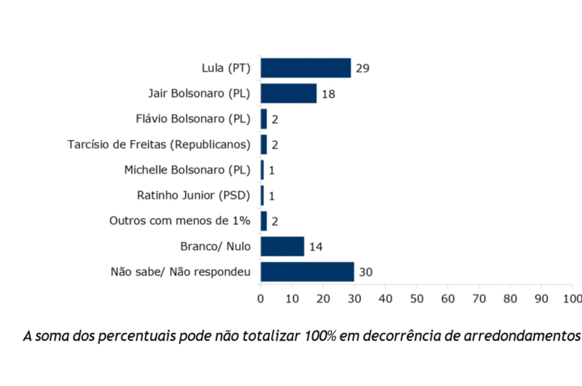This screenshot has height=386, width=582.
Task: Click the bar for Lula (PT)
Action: tap(306, 68)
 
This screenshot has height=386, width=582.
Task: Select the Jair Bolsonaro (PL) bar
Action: tap(288, 93)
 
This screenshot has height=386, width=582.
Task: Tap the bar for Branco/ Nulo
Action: tap(282, 246)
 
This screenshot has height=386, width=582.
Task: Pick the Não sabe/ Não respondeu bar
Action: tap(307, 272)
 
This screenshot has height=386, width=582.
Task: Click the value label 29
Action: tap(362, 68)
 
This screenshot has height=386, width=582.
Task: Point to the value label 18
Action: tap(328, 94)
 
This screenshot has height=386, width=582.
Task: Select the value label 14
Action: tap(315, 246)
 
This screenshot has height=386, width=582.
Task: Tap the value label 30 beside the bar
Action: tap(366, 272)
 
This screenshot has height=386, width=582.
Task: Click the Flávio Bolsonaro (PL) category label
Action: tap(193, 119)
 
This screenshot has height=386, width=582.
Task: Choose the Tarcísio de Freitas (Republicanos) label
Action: tap(159, 144)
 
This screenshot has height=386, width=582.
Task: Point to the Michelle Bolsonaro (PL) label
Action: tap(187, 170)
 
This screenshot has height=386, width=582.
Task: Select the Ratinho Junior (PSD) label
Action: tap(194, 195)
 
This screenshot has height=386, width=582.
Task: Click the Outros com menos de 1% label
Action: tap(180, 221)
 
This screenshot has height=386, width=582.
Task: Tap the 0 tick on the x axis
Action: tap(261, 298)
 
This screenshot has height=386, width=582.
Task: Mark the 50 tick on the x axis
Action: tap(416, 298)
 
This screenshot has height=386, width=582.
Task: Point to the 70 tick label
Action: tap(478, 298)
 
